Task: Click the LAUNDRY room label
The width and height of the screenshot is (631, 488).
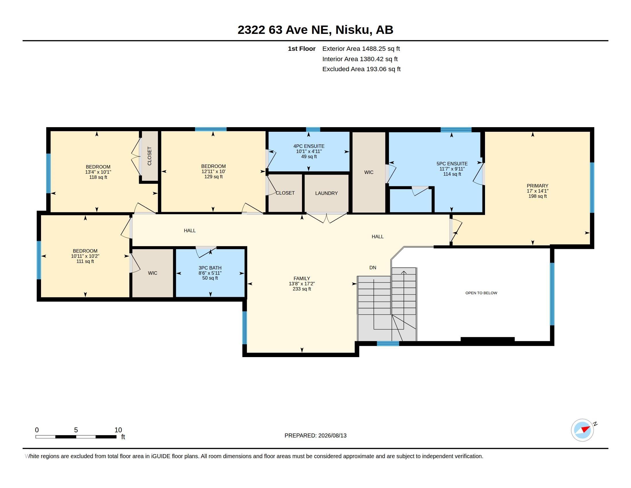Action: [x=326, y=193]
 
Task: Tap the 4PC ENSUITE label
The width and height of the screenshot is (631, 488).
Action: [x=309, y=146]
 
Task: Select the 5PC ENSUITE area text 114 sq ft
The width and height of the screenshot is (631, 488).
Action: [x=452, y=174]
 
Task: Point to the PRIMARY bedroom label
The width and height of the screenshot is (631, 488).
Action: [x=537, y=186]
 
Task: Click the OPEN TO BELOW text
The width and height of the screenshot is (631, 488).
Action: [x=481, y=293]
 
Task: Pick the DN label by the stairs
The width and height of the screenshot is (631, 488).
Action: [x=373, y=268]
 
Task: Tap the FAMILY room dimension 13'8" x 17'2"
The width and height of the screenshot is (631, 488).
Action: [x=302, y=284]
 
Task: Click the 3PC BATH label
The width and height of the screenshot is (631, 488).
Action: [x=210, y=268]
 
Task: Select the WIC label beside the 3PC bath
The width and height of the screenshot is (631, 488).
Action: [x=153, y=273]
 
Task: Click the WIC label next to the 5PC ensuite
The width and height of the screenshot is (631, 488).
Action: [x=369, y=172]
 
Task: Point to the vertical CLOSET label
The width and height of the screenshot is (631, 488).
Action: [x=149, y=156]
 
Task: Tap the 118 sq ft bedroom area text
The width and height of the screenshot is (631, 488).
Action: [x=98, y=177]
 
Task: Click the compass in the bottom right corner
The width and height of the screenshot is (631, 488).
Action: [x=583, y=430]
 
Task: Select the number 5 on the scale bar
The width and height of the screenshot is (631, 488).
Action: [x=76, y=430]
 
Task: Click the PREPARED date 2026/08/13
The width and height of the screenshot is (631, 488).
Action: [x=332, y=435]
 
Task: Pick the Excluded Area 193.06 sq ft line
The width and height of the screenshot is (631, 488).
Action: [x=361, y=69]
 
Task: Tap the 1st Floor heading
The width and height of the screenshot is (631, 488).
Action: [x=302, y=49]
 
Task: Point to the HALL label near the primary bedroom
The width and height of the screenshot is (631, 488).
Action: [x=378, y=237]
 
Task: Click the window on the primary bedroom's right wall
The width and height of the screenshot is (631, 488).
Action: [x=592, y=187]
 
